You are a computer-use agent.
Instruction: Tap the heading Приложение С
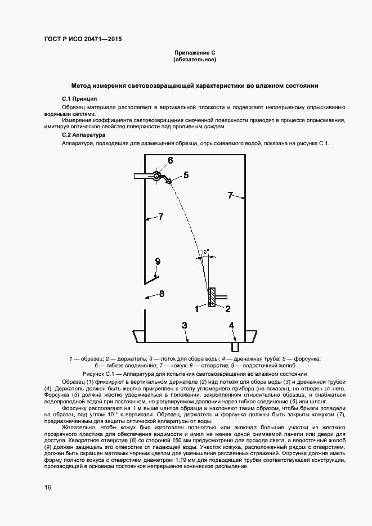(x=194, y=52)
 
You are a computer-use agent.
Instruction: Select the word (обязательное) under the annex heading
(x=194, y=59)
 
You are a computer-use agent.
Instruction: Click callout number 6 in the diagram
(x=169, y=160)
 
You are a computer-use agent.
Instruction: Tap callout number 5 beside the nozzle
(x=186, y=175)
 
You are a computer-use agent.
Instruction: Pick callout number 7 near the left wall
(x=160, y=216)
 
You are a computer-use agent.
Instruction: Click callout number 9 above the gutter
(x=158, y=261)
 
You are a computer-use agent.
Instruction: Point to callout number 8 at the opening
(x=162, y=293)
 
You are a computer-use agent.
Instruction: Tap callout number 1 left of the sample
(x=196, y=308)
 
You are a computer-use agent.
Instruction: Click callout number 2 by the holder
(x=228, y=308)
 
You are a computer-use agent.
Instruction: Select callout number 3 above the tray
(x=183, y=325)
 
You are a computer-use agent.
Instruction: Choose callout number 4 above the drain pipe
(x=231, y=325)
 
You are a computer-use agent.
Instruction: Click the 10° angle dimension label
(x=206, y=251)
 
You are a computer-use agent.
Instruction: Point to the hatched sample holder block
(x=212, y=296)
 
